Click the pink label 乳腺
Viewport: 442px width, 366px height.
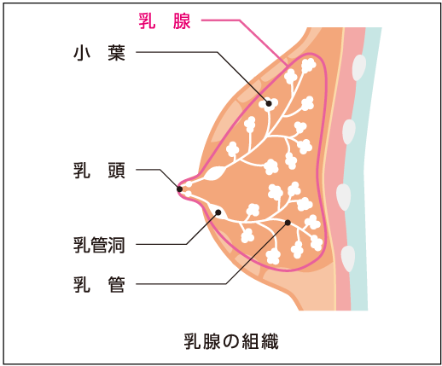click(165, 20)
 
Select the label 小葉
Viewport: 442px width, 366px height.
click(99, 53)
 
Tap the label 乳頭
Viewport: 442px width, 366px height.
click(99, 171)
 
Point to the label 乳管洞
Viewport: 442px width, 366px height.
click(99, 245)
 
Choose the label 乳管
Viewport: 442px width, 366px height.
click(99, 284)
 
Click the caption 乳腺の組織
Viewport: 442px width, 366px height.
click(231, 341)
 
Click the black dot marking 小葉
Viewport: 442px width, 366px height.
click(269, 103)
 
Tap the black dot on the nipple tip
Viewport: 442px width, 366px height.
click(179, 189)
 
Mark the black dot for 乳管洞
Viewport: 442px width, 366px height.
click(218, 212)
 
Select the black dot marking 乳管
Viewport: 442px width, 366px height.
click(288, 223)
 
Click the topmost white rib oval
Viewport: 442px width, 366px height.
click(359, 67)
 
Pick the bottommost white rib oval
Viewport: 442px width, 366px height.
click(348, 259)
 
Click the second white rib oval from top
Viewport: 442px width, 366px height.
click(349, 131)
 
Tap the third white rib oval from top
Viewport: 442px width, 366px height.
click(344, 197)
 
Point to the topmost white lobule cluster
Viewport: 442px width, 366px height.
click(308, 66)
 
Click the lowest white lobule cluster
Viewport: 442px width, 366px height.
click(273, 256)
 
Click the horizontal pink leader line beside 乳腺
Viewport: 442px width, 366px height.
click(221, 20)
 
